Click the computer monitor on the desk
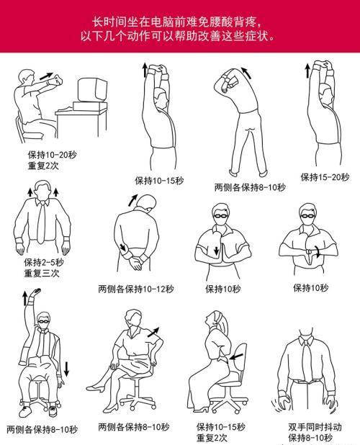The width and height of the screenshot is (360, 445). click(92, 90)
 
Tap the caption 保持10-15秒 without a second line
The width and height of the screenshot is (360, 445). click(159, 181)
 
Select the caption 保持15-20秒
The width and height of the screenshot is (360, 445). click(325, 177)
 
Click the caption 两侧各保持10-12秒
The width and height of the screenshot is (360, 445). click(136, 289)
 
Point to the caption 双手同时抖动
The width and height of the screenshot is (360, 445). click(315, 427)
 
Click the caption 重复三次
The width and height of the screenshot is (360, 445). click(42, 274)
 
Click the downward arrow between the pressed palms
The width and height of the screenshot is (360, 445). click(217, 251)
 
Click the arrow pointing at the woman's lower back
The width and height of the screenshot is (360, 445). click(236, 356)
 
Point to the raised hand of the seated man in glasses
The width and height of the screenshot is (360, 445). click(36, 292)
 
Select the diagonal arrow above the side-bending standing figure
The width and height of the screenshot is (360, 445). click(246, 73)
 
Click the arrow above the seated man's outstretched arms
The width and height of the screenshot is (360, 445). click(46, 76)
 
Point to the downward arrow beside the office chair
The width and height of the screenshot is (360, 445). click(66, 369)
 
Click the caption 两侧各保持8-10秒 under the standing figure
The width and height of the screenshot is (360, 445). click(251, 188)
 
